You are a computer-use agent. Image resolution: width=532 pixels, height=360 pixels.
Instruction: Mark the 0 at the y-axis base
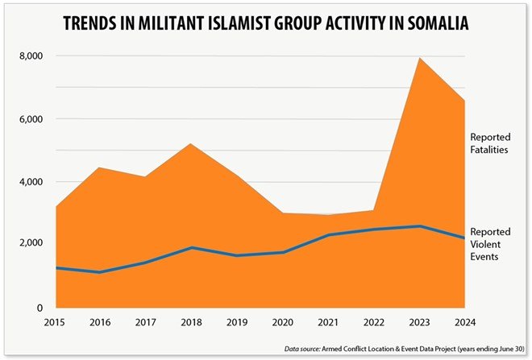(x=37, y=307)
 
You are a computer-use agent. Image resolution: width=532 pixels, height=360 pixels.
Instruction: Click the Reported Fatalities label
(x=491, y=143)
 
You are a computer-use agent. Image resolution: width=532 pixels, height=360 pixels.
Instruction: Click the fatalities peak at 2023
(x=418, y=57)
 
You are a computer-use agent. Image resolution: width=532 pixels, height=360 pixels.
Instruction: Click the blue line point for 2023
(x=418, y=226)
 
